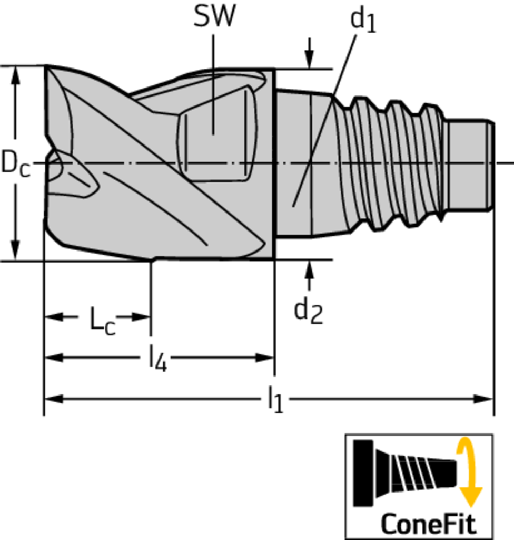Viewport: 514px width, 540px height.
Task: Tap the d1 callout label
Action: coord(363,21)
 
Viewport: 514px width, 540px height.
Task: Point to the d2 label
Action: coord(309,311)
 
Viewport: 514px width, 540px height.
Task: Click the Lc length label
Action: coord(102,320)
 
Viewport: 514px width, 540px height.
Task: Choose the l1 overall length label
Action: coord(275,400)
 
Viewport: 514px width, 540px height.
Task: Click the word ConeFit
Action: coord(429,524)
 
